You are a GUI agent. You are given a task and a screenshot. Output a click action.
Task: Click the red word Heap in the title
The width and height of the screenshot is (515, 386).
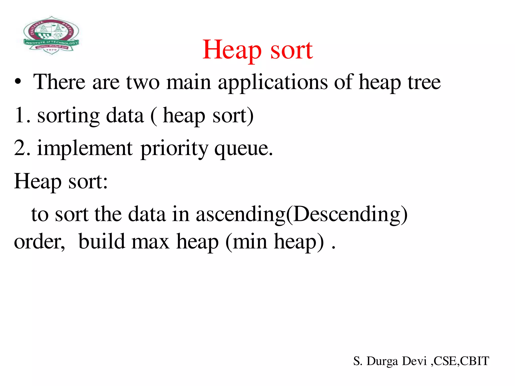pos(232,50)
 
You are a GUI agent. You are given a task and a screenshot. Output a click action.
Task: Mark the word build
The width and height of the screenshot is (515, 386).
pos(102,241)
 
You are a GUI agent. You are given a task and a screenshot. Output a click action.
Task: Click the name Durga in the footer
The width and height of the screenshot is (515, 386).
pos(382,361)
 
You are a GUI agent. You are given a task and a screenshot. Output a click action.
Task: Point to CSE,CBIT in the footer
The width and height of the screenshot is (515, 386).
pos(461,361)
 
